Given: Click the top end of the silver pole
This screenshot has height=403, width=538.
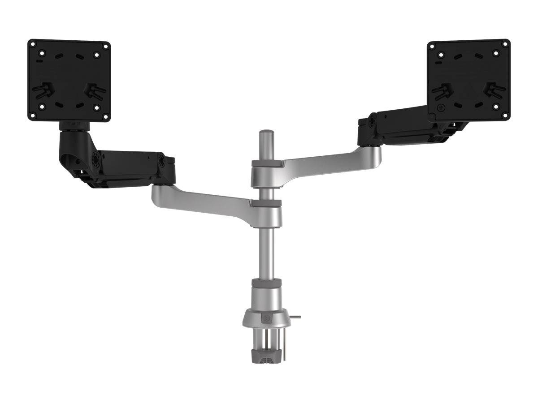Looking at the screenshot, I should [x=266, y=133].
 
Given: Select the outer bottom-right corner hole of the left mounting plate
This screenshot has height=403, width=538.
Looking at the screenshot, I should [x=106, y=116].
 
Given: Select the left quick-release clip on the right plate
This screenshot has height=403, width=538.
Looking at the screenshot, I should [x=442, y=91].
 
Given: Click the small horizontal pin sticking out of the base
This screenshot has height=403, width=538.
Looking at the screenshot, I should [x=295, y=317].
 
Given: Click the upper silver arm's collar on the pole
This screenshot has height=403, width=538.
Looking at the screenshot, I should [x=266, y=170].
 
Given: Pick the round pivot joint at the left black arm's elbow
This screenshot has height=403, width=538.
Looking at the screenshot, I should [x=95, y=159].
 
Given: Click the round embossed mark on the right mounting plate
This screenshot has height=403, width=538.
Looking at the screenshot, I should [x=441, y=108].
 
